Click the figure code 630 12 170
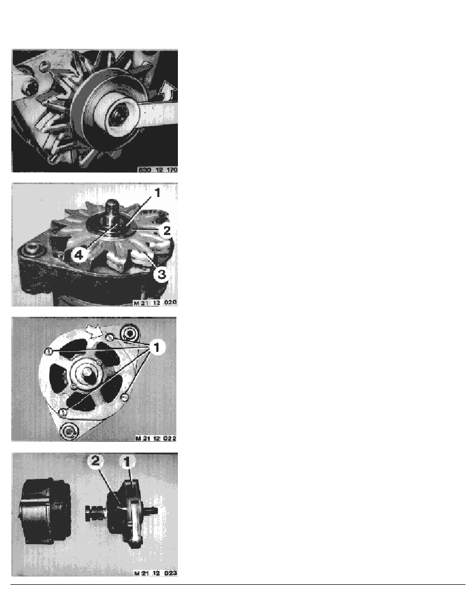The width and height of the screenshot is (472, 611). point(158,170)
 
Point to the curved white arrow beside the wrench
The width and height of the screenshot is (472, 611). point(168,91)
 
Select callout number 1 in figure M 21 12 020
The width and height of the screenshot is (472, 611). point(157,192)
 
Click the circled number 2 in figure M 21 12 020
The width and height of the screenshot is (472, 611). point(167,231)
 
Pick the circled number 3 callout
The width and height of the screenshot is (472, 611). point(161,274)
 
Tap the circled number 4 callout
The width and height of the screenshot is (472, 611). point(79,255)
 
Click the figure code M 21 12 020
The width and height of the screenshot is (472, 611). point(155,302)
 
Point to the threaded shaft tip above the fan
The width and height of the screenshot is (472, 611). point(112,204)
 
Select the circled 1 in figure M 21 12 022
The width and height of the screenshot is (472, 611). point(157,347)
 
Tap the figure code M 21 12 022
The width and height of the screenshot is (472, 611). point(155,438)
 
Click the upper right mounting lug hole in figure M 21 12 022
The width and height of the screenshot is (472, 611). point(129,333)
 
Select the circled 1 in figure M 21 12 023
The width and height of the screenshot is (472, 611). point(127,462)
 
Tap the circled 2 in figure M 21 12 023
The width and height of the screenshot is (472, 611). point(96,461)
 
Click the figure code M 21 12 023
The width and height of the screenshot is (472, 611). point(155,573)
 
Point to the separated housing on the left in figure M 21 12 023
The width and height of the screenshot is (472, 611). point(45,511)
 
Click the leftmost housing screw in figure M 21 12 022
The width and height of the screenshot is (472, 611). point(49,351)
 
